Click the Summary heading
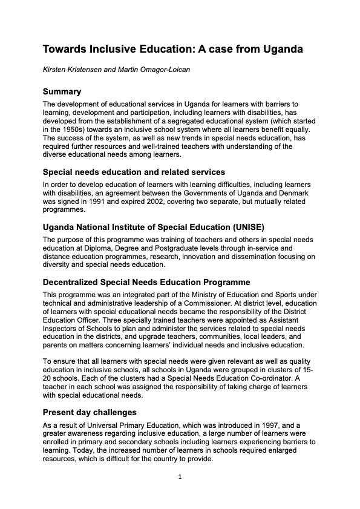[62, 92]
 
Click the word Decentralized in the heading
[76, 283]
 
